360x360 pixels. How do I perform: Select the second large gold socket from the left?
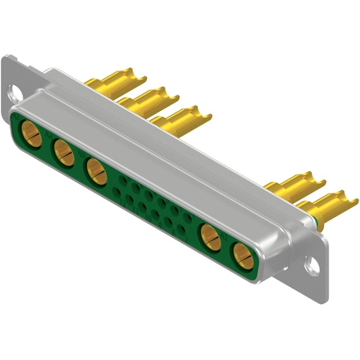(x=62, y=149)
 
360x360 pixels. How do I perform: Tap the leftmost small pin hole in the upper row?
(x=123, y=180)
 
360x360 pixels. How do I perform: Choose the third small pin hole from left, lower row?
(x=143, y=207)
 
